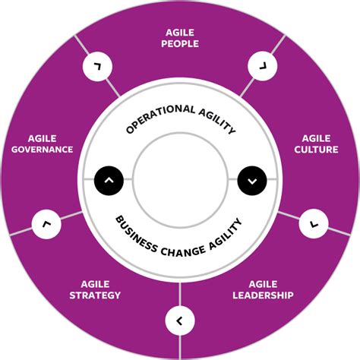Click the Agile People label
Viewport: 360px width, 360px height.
pyautogui.click(x=181, y=38)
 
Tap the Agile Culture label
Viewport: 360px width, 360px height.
pyautogui.click(x=316, y=144)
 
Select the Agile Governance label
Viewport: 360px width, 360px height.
pyautogui.click(x=42, y=144)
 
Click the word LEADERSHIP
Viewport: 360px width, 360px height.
pyautogui.click(x=264, y=295)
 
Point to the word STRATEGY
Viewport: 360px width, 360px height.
pyautogui.click(x=95, y=295)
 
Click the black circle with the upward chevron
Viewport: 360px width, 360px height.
pyautogui.click(x=109, y=180)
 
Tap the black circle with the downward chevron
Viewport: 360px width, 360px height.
pyautogui.click(x=252, y=180)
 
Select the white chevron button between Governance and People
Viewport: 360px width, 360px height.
pyautogui.click(x=96, y=68)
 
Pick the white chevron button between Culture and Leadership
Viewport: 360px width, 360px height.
pyautogui.click(x=314, y=223)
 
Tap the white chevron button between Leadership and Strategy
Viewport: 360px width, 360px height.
pyautogui.click(x=179, y=321)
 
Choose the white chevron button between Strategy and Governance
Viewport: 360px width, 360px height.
pyautogui.click(x=46, y=224)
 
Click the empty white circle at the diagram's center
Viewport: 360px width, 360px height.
pyautogui.click(x=180, y=180)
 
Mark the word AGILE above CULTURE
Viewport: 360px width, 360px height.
pyautogui.click(x=316, y=138)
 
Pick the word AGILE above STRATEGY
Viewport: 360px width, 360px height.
pyautogui.click(x=95, y=283)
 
